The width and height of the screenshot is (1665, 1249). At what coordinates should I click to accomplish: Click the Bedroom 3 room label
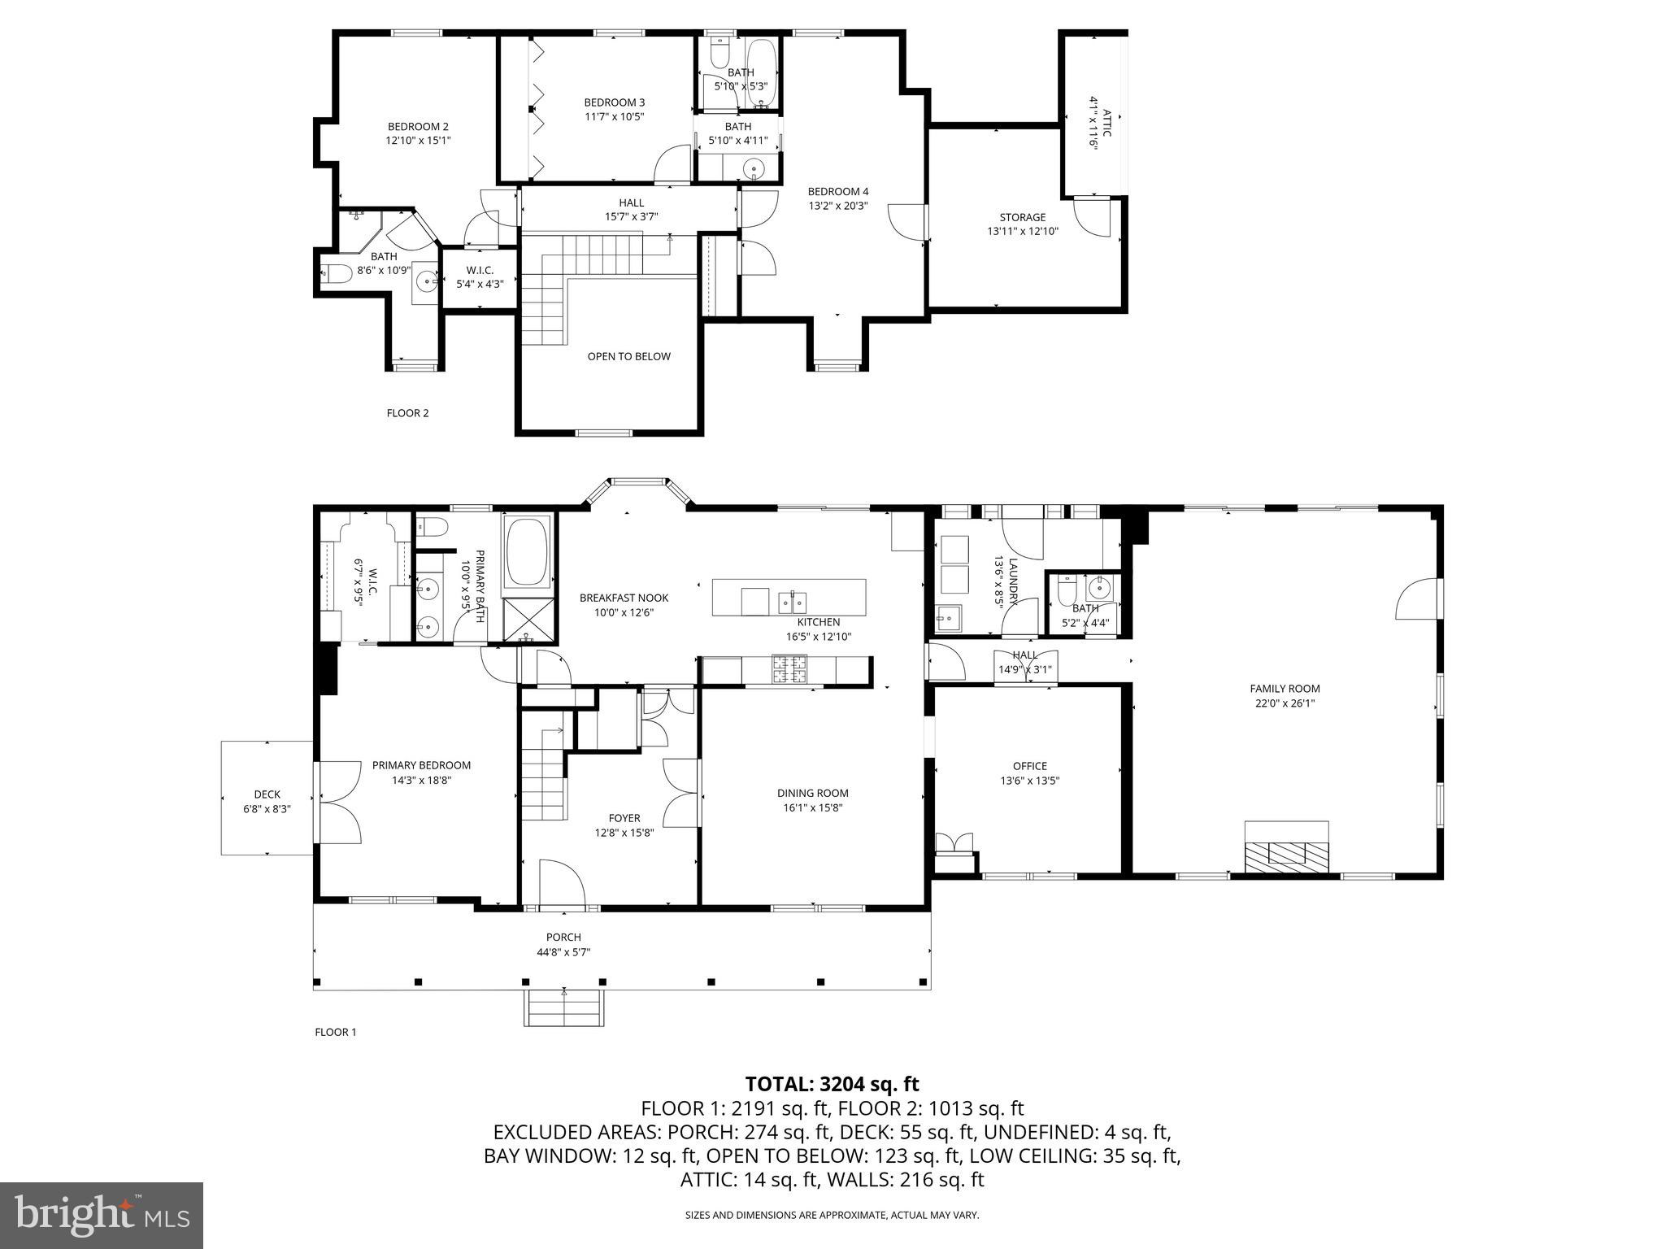614,102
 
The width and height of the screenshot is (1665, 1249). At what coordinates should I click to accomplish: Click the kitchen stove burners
789,670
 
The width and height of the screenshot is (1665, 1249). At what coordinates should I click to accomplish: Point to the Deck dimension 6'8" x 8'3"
267,809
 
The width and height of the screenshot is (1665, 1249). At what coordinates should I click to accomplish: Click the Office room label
1029,766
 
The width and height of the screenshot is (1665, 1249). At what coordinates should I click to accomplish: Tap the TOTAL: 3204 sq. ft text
832,1084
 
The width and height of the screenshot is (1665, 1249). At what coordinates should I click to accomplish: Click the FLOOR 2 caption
407,413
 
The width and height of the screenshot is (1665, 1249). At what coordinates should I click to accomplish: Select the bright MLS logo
101,1215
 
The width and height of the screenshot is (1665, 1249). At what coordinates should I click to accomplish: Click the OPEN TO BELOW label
628,356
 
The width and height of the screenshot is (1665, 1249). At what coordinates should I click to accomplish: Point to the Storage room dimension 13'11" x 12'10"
1022,231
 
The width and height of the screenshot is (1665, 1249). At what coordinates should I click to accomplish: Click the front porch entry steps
564,1009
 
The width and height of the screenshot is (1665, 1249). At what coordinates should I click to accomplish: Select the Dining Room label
812,793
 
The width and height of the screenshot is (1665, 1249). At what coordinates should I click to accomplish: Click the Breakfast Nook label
624,598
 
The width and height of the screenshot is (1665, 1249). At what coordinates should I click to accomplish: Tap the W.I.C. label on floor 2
480,270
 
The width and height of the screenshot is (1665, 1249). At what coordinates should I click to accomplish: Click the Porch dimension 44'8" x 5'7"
563,952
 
